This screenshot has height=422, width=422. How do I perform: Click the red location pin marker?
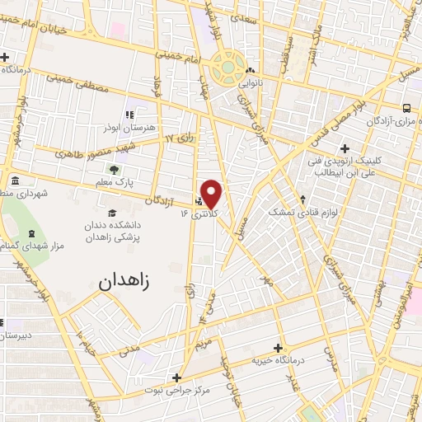(x=212, y=194)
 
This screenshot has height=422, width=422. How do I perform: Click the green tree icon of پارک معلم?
(x=112, y=169)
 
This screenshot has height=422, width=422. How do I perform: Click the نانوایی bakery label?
(x=251, y=82)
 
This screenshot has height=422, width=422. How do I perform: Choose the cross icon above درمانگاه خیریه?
(x=278, y=348)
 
